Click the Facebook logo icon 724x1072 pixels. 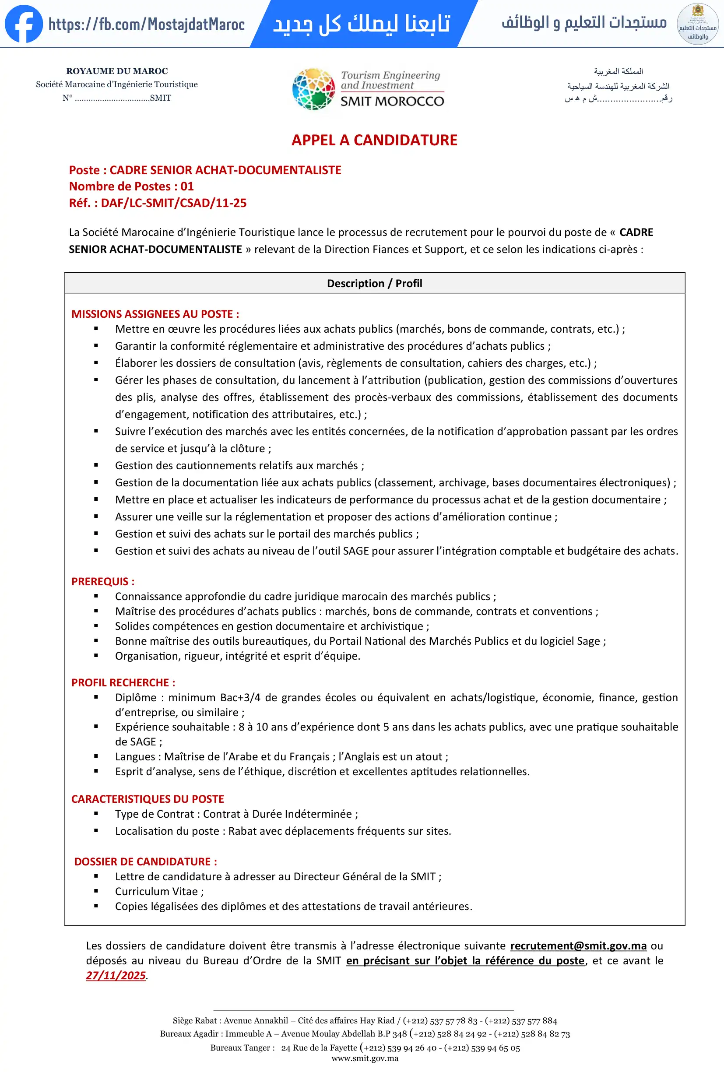(x=24, y=24)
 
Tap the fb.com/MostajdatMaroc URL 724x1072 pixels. (x=147, y=24)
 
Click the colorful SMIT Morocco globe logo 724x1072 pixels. (x=313, y=89)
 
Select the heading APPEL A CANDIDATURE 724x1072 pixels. (x=374, y=140)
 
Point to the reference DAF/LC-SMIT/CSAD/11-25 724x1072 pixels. (x=173, y=203)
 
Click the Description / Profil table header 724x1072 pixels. (x=374, y=283)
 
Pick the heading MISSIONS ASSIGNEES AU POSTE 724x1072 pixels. (x=155, y=314)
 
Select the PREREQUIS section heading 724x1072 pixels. (x=103, y=582)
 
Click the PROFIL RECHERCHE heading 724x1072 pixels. (x=123, y=683)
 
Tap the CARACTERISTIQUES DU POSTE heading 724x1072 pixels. (x=148, y=799)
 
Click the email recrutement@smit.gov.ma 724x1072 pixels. (x=578, y=945)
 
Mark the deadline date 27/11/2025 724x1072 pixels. (x=116, y=976)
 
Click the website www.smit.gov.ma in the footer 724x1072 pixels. (x=365, y=1058)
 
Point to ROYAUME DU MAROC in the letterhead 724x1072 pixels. (x=117, y=71)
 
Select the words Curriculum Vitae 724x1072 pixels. (x=156, y=892)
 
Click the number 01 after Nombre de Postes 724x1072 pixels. (x=187, y=186)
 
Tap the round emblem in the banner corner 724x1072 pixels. (x=697, y=24)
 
